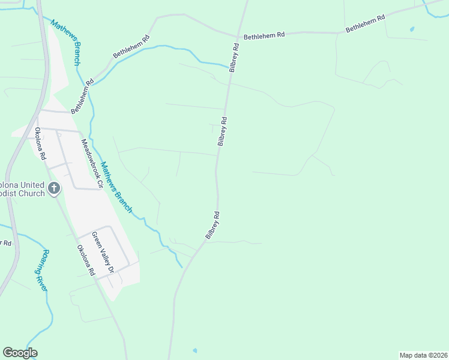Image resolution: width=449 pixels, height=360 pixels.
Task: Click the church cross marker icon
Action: [x=54, y=188]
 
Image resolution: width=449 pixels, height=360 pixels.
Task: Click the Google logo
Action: [x=20, y=353]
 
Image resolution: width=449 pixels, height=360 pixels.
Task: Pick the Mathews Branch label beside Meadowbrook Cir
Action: [x=116, y=187]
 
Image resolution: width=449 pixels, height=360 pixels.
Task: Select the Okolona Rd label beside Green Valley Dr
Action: [x=85, y=260]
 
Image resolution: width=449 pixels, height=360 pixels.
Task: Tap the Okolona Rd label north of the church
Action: [x=40, y=143]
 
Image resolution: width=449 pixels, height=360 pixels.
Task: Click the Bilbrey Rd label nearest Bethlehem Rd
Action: [x=235, y=58]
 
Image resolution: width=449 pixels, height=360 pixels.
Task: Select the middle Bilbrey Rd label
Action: [x=222, y=131]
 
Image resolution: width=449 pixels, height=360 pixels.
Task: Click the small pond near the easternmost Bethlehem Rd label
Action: [x=412, y=29]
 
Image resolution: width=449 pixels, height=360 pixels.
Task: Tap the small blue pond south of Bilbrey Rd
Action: [x=194, y=350]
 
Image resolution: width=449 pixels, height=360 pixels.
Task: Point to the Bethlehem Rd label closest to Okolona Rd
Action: [x=82, y=98]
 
